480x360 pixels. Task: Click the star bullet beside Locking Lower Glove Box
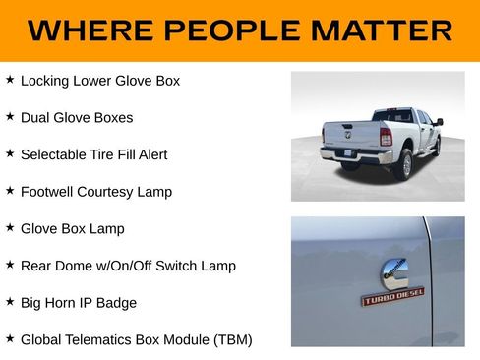tap(10, 79)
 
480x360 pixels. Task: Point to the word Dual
tap(36, 117)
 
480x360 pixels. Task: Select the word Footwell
tap(48, 192)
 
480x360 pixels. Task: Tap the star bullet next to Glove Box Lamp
tap(10, 227)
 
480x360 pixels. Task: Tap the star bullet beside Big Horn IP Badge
tap(10, 301)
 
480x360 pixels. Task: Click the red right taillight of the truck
tap(387, 136)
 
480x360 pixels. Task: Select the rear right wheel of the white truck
tap(404, 163)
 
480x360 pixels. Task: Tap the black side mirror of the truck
tap(439, 122)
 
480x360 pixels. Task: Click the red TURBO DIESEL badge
tap(392, 296)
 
